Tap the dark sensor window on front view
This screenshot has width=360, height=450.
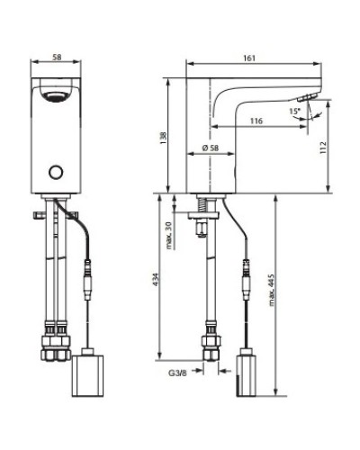57,91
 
